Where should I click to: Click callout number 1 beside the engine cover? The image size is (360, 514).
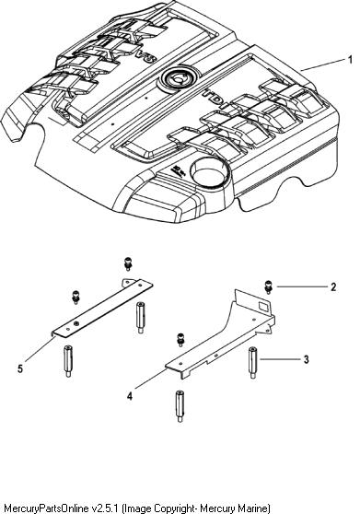point(350,60)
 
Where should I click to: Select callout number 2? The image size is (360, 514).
point(333,287)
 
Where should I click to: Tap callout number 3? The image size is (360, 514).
point(306,359)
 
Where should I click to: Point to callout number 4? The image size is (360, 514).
point(130,396)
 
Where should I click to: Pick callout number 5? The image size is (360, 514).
point(20,368)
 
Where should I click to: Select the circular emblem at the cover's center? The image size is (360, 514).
point(177,78)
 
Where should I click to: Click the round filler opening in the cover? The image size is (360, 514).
point(208,171)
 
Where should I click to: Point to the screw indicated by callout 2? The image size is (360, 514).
point(268,287)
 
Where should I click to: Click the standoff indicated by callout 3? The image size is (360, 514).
point(252,363)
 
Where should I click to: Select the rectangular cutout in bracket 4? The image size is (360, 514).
point(263,307)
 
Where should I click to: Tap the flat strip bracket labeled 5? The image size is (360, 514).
point(102,307)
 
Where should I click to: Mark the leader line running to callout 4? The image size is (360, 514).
point(150,379)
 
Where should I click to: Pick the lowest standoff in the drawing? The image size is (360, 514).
point(180,406)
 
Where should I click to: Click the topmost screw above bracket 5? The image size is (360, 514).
point(128,264)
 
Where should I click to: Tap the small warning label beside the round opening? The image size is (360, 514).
point(178,170)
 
